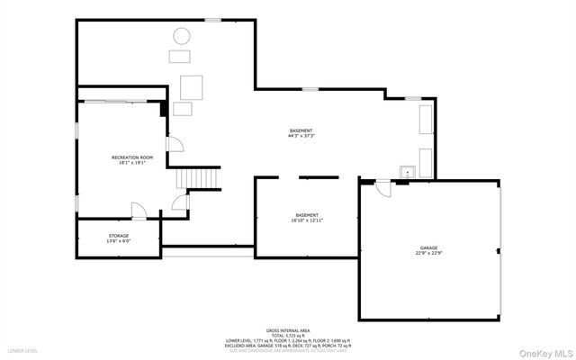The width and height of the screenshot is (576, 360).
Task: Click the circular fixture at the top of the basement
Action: tap(182, 37)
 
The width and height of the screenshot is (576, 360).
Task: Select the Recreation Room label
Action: tap(132, 157)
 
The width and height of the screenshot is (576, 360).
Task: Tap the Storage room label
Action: tap(119, 236)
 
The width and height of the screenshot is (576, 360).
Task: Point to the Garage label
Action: tap(428, 247)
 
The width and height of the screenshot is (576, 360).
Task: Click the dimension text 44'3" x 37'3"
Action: tap(301, 137)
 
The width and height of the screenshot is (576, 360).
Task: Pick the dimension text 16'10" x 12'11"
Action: tap(307, 220)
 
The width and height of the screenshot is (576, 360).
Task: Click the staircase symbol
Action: tap(198, 178)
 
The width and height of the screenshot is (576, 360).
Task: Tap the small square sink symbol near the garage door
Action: tap(406, 170)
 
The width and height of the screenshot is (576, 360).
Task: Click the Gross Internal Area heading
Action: tap(288, 331)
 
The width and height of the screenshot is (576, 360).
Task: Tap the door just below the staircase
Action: tap(181, 205)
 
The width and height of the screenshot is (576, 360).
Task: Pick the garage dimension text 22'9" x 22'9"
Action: tap(428, 254)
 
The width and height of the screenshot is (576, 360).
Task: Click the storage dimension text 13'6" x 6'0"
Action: tap(119, 242)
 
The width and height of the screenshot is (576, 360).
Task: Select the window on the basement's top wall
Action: tap(213, 20)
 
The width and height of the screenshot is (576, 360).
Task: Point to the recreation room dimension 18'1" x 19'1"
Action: tap(132, 164)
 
